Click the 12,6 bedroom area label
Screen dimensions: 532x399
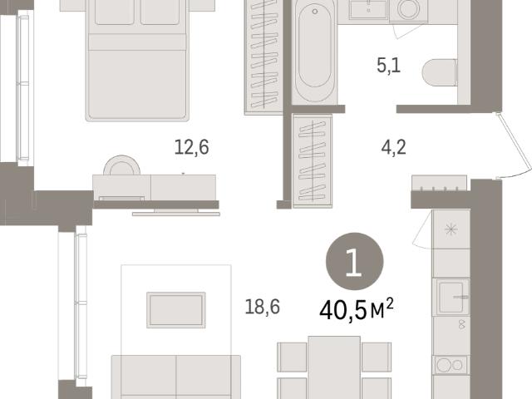(x=192, y=148)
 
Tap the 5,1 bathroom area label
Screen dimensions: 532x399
(x=389, y=66)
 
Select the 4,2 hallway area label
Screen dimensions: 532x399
(x=393, y=148)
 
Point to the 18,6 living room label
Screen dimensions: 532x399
(x=263, y=307)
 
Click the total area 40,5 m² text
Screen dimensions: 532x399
(x=357, y=309)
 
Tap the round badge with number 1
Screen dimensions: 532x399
(x=355, y=261)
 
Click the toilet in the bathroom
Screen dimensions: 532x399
(x=440, y=72)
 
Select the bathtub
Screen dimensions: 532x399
(x=314, y=51)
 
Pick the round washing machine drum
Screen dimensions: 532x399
(x=408, y=9)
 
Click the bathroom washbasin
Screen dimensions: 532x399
(x=368, y=9)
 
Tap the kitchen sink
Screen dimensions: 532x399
(x=451, y=298)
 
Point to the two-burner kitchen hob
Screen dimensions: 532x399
(x=451, y=365)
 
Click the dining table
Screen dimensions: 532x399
(x=334, y=367)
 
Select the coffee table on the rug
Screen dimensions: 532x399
(x=176, y=310)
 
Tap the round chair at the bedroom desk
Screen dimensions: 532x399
(x=122, y=165)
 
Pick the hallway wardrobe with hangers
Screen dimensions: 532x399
(x=313, y=160)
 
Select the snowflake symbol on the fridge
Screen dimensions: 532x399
(x=451, y=229)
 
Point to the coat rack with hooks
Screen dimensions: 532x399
(x=440, y=183)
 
